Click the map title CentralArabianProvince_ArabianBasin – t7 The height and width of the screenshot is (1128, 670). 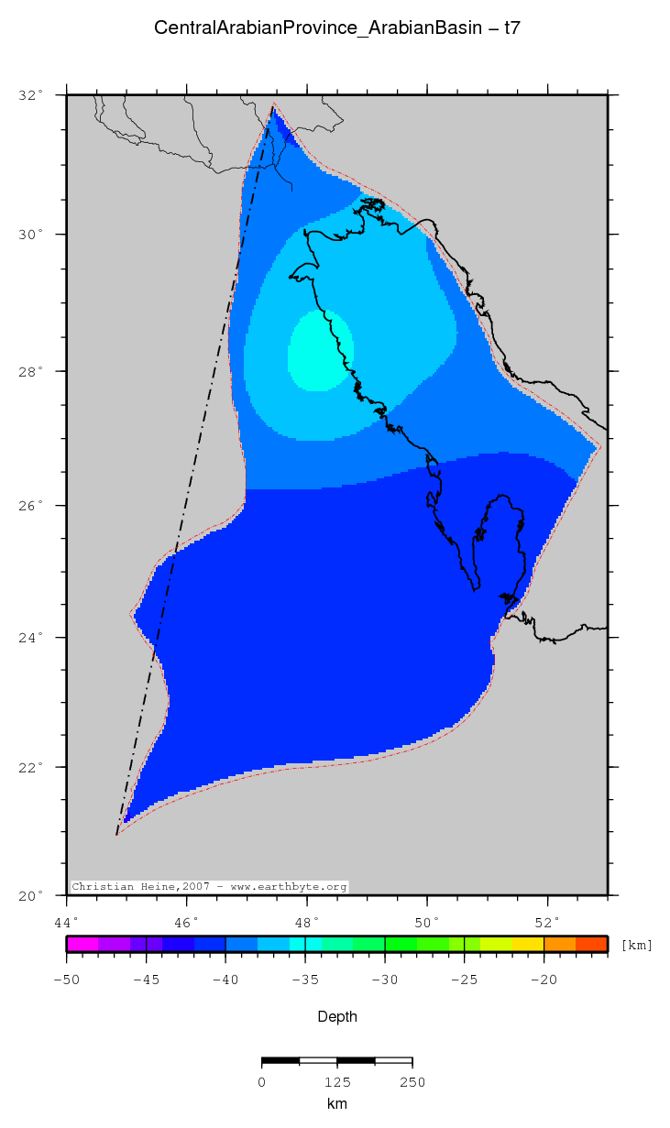point(337,28)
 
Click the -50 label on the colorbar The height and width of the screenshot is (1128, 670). point(67,980)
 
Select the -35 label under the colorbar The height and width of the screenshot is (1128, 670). point(305,980)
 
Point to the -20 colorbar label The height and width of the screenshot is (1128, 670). point(544,980)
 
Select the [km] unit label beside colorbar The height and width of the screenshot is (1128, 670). point(637,945)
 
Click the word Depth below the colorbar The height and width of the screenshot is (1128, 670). point(337,1016)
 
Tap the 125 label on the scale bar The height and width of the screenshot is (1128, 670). point(336,1082)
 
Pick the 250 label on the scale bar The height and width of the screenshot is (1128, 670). point(412,1082)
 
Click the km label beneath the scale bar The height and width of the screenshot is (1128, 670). point(336,1104)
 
